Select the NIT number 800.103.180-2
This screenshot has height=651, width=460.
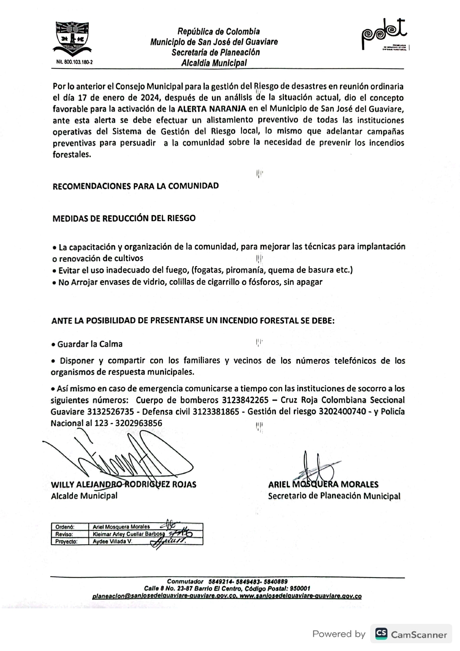tap(75, 62)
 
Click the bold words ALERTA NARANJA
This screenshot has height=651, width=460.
tap(212, 109)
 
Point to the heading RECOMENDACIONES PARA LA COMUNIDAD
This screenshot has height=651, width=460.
tap(135, 186)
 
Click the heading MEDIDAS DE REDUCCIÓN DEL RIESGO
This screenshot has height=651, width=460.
tap(124, 218)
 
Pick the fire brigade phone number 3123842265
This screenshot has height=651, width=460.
tap(245, 400)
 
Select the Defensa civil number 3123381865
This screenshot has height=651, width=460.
tap(216, 412)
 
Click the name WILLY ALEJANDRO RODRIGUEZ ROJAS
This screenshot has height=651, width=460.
tap(124, 484)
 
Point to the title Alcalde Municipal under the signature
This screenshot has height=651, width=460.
tap(84, 496)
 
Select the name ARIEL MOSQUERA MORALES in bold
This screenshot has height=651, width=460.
tap(323, 484)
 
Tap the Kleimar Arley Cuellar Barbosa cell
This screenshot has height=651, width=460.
tap(128, 534)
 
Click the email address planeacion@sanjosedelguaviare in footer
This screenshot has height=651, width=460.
tap(164, 596)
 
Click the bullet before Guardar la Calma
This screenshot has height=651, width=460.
tap(53, 345)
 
